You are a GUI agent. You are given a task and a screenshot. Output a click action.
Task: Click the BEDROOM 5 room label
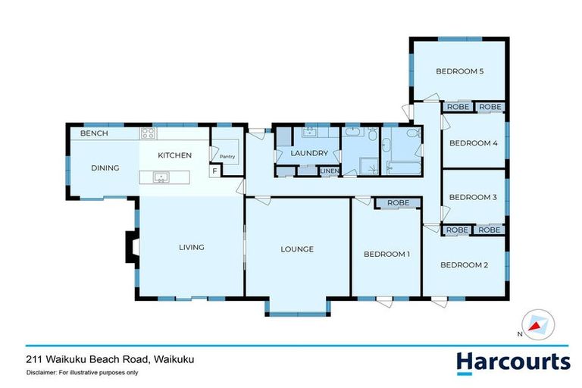click(x=459, y=72)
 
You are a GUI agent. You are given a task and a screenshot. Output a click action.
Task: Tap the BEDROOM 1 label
click(x=386, y=254)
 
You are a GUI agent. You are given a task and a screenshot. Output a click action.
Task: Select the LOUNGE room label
click(x=297, y=249)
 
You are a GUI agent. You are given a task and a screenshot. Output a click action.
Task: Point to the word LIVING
click(x=192, y=247)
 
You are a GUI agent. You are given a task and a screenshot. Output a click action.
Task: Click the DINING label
click(x=105, y=168)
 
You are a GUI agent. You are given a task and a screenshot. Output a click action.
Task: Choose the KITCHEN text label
click(x=174, y=155)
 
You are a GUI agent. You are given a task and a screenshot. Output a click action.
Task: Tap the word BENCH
click(x=94, y=134)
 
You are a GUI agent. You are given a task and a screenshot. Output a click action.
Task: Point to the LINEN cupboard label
click(x=329, y=172)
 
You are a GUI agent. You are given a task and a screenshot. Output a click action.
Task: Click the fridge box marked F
click(x=215, y=171)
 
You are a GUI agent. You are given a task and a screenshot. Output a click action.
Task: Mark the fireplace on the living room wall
click(x=132, y=248)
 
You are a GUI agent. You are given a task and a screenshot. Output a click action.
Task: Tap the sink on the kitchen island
click(x=161, y=178)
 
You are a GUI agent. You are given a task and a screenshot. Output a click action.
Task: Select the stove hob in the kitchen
click(x=147, y=134)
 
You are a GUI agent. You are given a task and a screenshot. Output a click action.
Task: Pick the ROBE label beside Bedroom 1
click(x=398, y=203)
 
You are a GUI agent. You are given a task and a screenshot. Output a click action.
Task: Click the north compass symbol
click(x=537, y=325)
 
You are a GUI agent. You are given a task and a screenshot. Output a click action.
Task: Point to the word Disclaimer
click(x=44, y=373)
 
